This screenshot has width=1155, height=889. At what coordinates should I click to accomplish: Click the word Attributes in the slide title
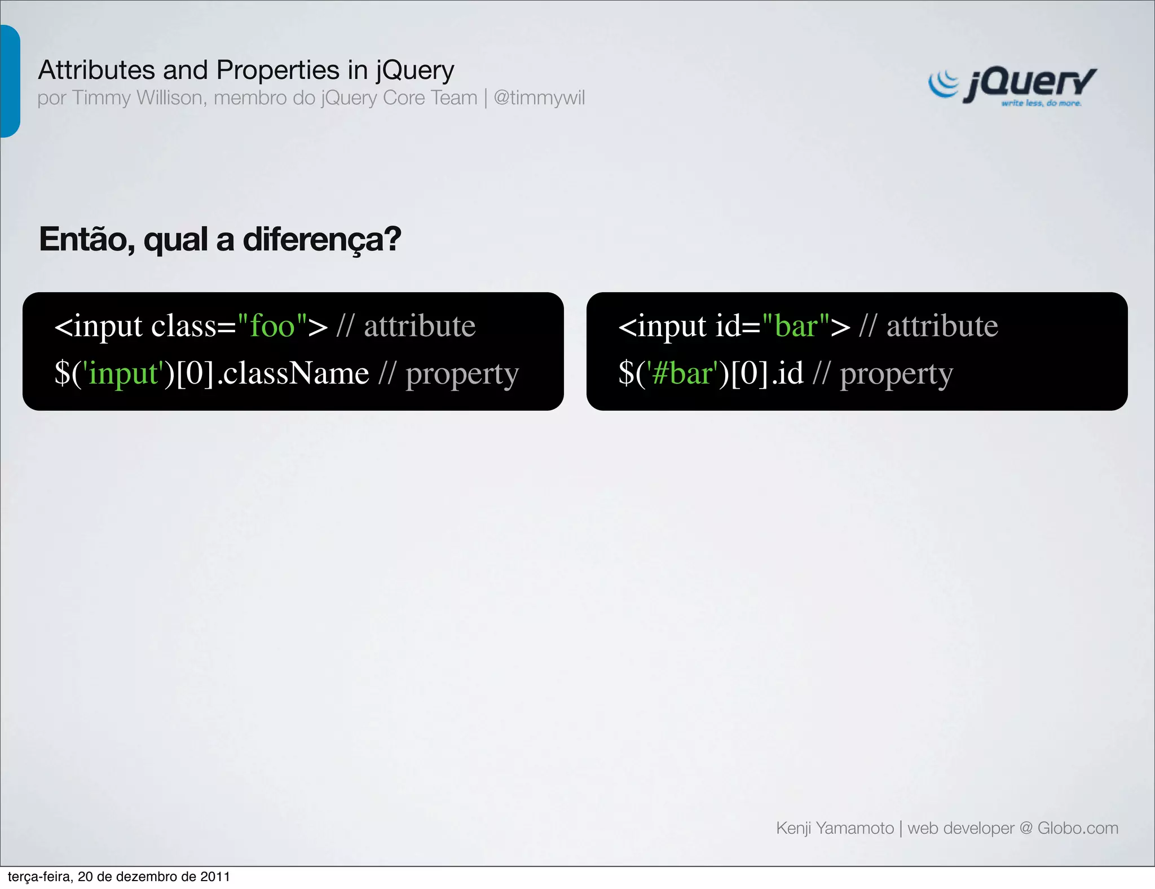tap(96, 71)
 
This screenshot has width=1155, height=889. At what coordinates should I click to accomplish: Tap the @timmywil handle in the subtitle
tap(539, 98)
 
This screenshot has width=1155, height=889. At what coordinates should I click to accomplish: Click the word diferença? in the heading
tap(322, 239)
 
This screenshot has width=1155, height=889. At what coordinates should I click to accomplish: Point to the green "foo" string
tap(272, 326)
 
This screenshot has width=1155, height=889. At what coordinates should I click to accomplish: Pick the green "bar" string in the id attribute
tap(796, 326)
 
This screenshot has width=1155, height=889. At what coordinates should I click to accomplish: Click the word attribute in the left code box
tap(420, 326)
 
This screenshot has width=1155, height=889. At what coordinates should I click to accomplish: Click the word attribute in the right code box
tap(942, 326)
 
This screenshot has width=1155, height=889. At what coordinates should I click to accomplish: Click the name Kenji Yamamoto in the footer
tap(835, 828)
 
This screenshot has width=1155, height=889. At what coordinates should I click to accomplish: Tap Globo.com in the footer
tap(1078, 828)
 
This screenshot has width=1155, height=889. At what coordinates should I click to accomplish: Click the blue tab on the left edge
tap(10, 81)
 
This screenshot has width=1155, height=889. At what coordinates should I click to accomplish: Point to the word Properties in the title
tap(278, 71)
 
